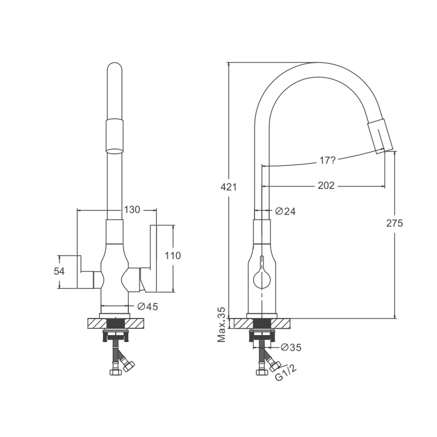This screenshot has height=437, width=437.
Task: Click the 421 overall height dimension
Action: pyautogui.click(x=229, y=187)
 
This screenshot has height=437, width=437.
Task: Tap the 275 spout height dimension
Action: pyautogui.click(x=395, y=223)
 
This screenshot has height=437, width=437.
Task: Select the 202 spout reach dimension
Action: pyautogui.click(x=326, y=186)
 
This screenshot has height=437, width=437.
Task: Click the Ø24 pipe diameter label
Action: pyautogui.click(x=285, y=212)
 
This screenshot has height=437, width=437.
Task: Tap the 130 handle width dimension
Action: pyautogui.click(x=132, y=210)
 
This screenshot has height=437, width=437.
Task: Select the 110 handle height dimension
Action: pyautogui.click(x=173, y=256)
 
